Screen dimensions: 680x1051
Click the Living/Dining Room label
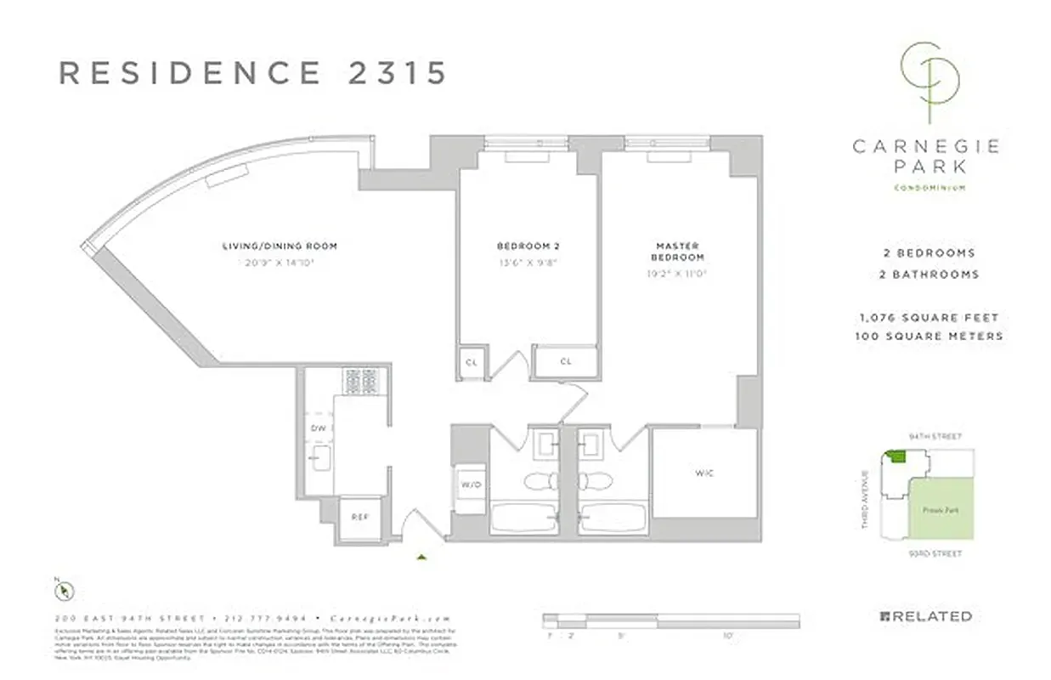(280, 246)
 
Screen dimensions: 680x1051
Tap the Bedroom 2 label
(528, 246)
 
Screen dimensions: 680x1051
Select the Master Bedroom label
(677, 252)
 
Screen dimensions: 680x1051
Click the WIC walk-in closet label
(704, 473)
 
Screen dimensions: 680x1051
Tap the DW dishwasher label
(319, 428)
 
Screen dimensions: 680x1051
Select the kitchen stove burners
(364, 382)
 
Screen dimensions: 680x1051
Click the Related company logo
(925, 616)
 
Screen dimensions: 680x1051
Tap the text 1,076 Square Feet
(928, 318)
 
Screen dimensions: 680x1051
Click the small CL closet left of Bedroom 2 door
(472, 361)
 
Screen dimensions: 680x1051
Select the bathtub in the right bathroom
(612, 516)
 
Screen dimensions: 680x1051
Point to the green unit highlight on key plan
(895, 456)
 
